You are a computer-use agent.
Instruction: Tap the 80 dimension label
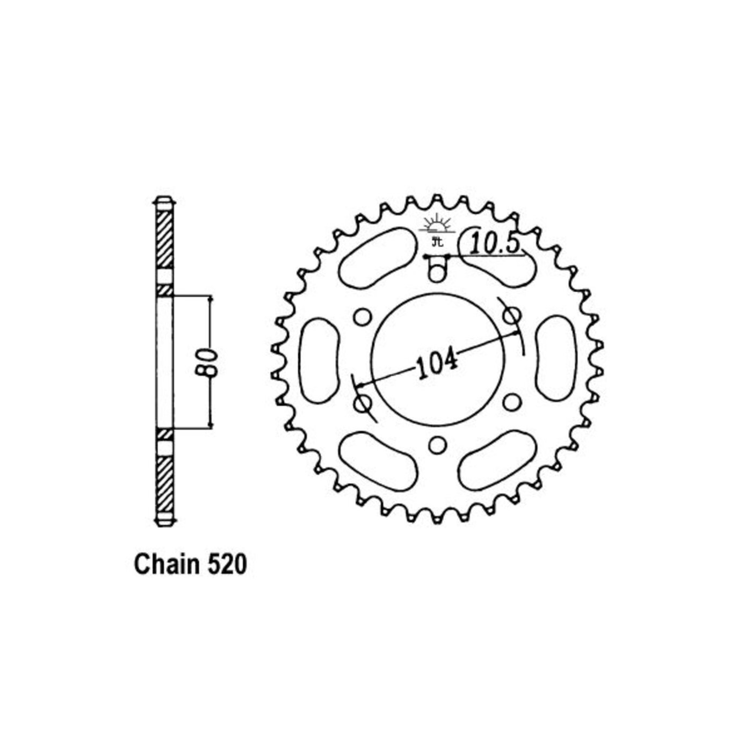(x=209, y=363)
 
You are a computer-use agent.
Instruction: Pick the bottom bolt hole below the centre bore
(x=437, y=444)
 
